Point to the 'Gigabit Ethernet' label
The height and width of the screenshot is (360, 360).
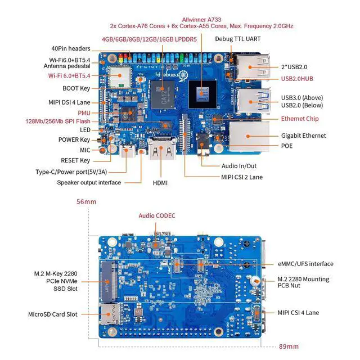pos(303,136)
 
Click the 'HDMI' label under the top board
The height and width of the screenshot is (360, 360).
pos(160,183)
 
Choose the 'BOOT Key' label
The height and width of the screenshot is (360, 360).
pos(76,88)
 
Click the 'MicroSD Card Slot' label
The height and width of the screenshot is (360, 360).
pos(53,314)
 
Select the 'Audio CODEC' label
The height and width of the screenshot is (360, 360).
pos(157,215)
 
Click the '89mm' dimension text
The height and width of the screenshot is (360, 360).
pos(289,346)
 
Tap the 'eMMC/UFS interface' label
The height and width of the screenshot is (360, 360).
pos(305,264)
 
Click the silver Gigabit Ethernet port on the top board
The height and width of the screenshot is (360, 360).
pos(245,136)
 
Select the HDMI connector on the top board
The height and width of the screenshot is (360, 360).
pos(160,152)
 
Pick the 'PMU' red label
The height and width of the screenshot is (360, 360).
pos(84,113)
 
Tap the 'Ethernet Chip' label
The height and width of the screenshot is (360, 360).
pos(300,119)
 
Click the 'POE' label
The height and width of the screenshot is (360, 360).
pos(287,146)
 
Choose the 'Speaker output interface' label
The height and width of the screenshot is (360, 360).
pos(89,182)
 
